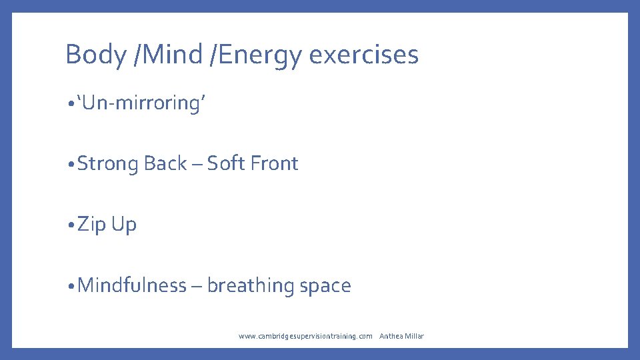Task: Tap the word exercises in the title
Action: coord(364,55)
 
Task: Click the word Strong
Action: coord(108,163)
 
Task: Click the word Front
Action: coord(275,163)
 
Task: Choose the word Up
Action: coord(124,225)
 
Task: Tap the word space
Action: coord(325,286)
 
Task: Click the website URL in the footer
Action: coord(305,336)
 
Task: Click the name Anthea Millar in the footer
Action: coord(401,336)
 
